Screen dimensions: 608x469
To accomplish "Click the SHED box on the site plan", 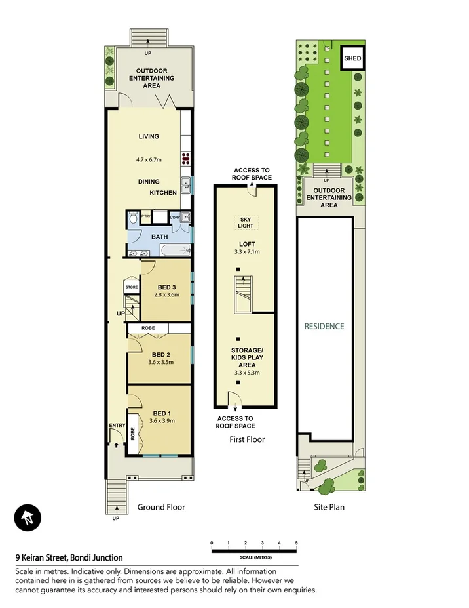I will click(x=352, y=58).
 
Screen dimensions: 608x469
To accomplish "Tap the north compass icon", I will click(x=28, y=519).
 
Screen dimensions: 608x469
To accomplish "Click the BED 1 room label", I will click(x=160, y=413).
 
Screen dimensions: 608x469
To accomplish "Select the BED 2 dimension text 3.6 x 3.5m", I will click(x=160, y=361).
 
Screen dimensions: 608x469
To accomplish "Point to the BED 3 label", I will click(x=167, y=287).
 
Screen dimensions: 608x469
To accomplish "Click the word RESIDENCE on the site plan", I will click(x=324, y=326).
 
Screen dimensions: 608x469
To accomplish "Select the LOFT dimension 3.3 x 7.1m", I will click(x=246, y=252).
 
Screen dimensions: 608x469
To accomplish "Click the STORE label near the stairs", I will click(x=132, y=287).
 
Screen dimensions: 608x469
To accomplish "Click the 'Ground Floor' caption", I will click(x=161, y=507).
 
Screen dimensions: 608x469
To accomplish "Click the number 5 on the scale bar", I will click(x=297, y=543).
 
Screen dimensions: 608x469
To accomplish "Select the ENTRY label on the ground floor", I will click(x=117, y=426).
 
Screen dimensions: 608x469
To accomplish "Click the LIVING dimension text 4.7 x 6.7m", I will click(x=149, y=159).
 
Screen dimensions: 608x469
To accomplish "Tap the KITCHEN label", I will click(x=163, y=193).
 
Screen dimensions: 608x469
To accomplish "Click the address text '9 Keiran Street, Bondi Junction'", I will click(x=69, y=558).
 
